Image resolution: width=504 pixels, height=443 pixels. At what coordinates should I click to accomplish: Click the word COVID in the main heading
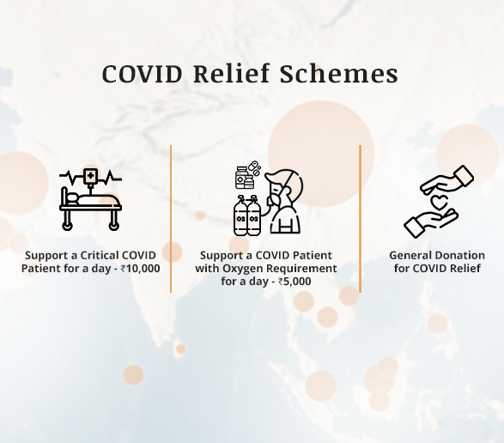(x=142, y=74)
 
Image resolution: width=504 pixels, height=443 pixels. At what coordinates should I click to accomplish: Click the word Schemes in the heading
(x=339, y=74)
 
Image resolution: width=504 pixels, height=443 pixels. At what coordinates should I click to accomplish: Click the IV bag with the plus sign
(x=91, y=177)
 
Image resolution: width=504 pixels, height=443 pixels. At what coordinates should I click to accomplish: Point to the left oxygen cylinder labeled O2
(x=240, y=215)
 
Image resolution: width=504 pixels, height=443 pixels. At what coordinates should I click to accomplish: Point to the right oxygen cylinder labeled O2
(x=253, y=215)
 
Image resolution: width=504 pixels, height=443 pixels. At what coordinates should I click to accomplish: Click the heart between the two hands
(x=437, y=203)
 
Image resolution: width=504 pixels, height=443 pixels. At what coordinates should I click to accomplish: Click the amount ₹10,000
(x=141, y=269)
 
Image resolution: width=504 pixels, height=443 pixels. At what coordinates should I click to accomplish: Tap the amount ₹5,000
(x=295, y=282)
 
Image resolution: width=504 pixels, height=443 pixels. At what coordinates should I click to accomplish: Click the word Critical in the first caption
(x=100, y=256)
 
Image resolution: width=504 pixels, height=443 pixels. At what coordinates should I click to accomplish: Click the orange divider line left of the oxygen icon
(x=171, y=219)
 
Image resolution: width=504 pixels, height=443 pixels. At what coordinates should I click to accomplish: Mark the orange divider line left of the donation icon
(x=360, y=219)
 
